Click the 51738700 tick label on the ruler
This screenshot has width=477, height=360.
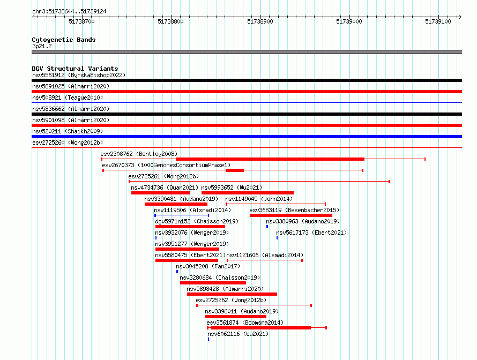81,21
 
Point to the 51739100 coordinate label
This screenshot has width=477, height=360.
438,21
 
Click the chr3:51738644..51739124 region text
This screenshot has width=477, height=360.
69,12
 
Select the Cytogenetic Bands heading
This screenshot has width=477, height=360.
64,40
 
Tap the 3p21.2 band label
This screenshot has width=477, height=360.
42,46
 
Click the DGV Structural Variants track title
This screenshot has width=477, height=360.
75,69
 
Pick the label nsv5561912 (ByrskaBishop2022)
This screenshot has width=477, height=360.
79,75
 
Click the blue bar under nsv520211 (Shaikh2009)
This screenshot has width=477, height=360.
247,137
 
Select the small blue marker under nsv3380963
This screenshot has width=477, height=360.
267,227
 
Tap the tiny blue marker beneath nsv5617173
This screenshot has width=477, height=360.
277,238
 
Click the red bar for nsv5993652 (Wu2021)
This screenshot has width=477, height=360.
247,193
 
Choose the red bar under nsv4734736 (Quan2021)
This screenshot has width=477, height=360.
160,193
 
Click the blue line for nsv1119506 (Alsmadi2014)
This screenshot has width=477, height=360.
182,215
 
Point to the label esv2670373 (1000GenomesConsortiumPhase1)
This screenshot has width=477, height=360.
166,165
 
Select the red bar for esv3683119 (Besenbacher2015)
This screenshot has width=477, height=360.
291,215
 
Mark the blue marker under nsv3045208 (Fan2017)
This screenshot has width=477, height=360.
177,272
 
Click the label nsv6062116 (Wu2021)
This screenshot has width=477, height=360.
238,334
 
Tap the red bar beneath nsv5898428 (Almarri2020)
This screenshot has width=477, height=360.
232,294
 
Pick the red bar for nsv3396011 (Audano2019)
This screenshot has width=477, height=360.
236,317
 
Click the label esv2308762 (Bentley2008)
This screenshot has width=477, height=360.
139,154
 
